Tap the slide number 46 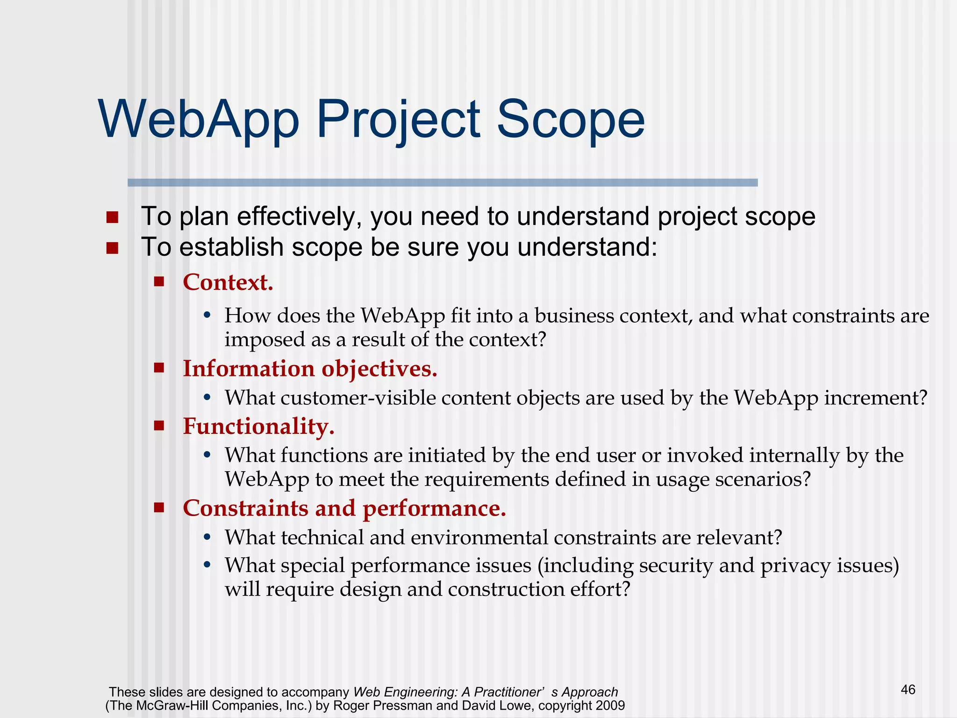click(908, 689)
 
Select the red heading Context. click(228, 282)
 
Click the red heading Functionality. click(258, 426)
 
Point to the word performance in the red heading click(434, 508)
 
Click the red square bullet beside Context click(159, 281)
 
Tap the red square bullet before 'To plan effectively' click(112, 217)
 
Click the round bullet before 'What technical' click(207, 538)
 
